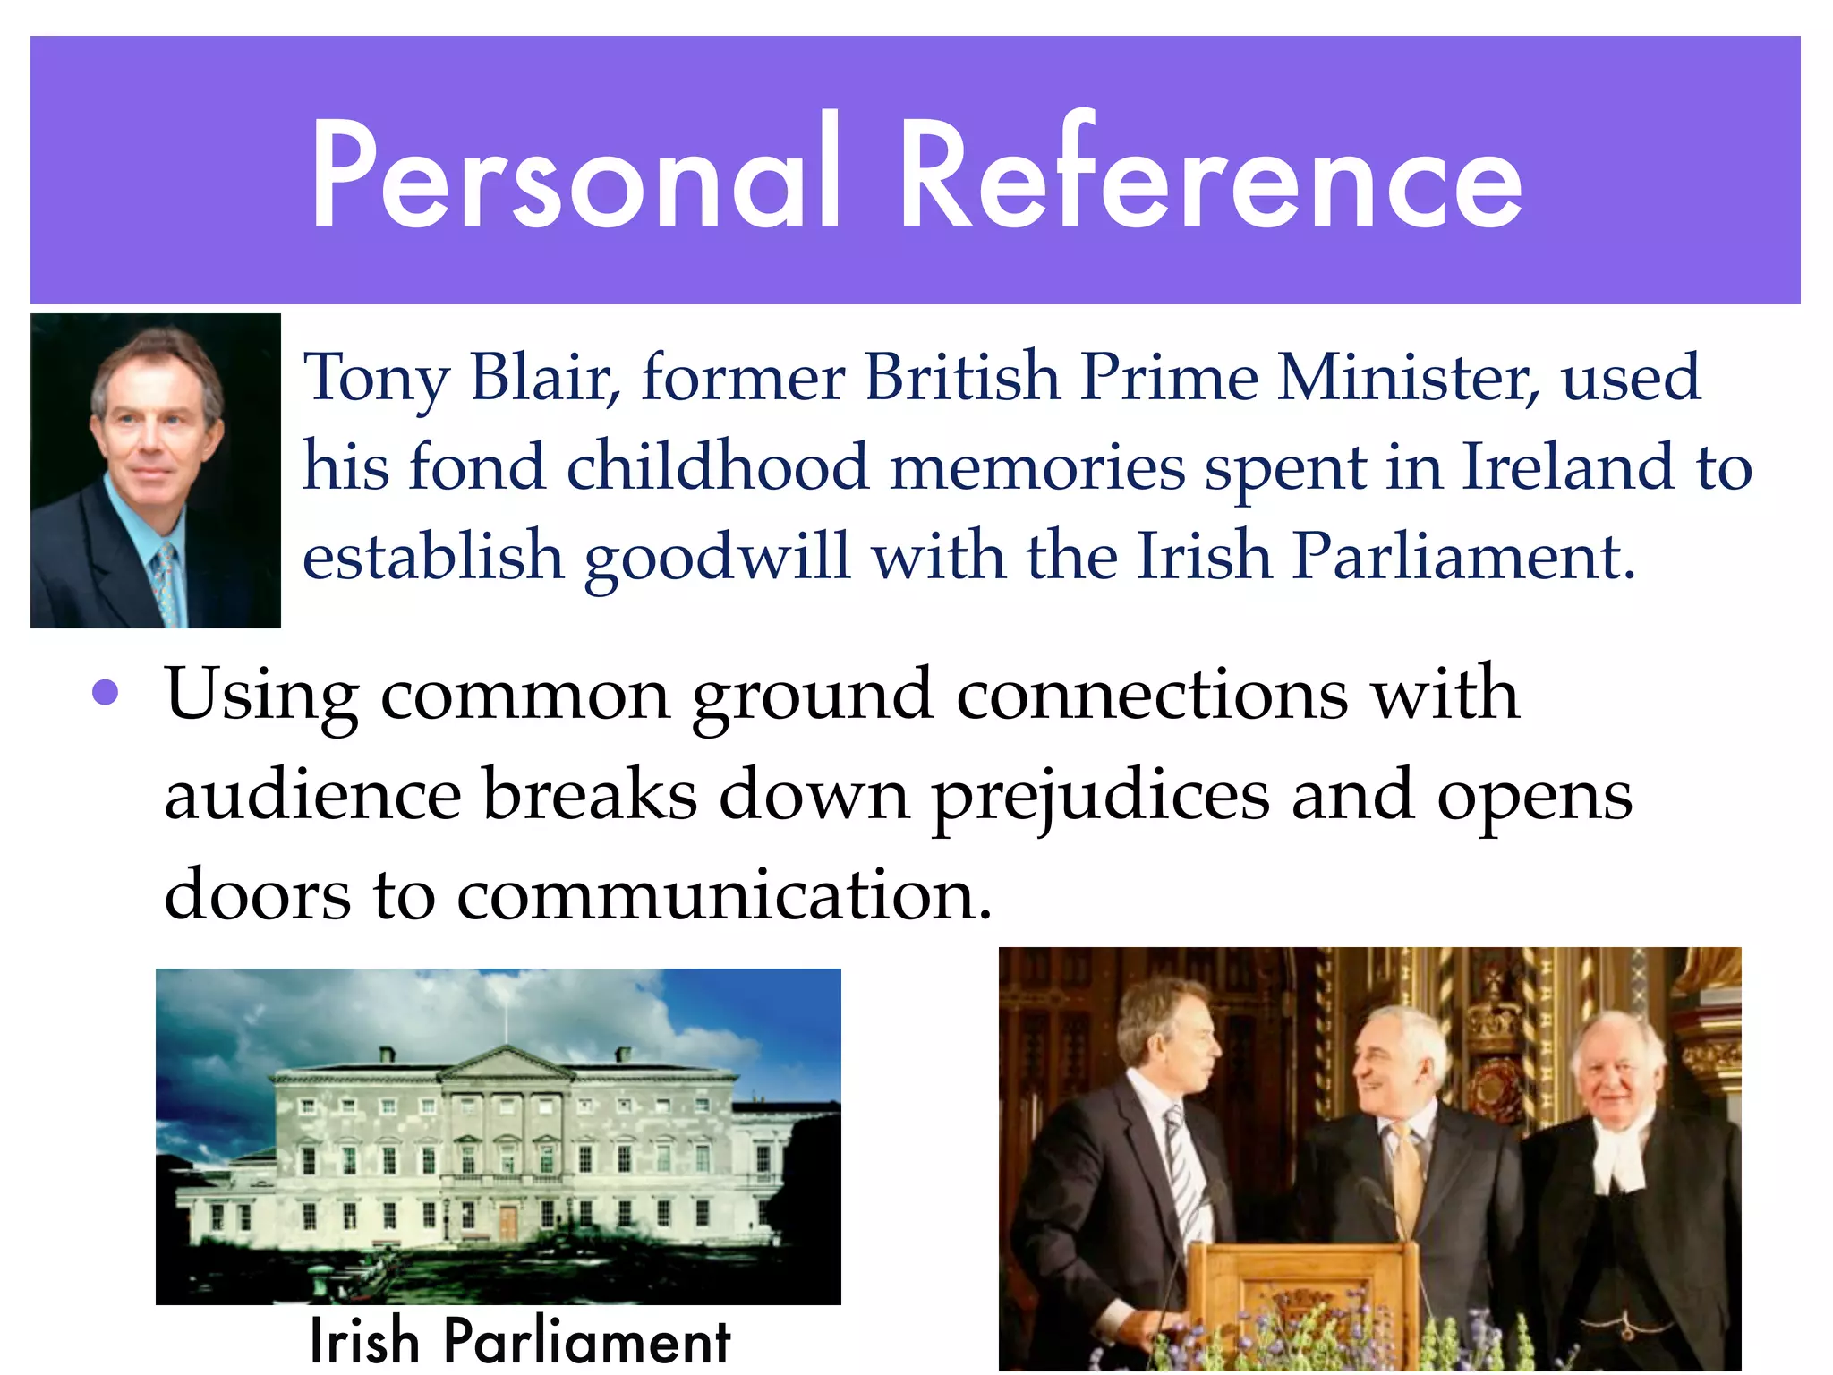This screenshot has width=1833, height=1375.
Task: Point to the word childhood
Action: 717,466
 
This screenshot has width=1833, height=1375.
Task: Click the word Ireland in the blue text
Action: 1567,466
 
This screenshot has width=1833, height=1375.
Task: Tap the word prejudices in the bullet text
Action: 1100,797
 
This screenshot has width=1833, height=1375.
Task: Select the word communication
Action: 724,894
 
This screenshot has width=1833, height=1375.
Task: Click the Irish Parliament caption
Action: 519,1341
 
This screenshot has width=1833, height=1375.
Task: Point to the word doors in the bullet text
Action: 258,894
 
